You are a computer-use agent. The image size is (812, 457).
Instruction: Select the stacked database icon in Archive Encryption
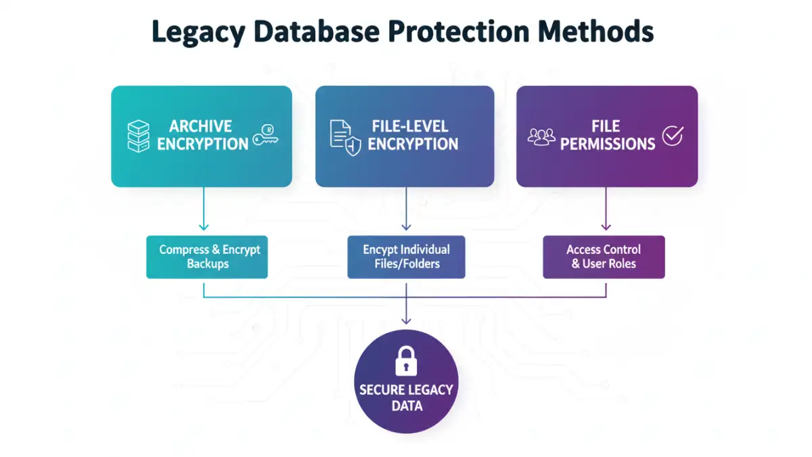tap(137, 135)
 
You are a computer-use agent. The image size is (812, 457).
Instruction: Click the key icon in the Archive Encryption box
tap(266, 136)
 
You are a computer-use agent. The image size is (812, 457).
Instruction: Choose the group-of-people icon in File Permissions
tap(541, 136)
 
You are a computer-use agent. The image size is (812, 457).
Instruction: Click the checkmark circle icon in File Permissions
tap(673, 135)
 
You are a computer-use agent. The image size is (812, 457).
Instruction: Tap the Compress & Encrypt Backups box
tap(207, 257)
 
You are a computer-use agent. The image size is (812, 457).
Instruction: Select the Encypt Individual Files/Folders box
tap(406, 257)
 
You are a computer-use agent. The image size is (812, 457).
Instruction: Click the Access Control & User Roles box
tap(604, 257)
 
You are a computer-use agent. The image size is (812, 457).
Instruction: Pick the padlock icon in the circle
tap(406, 361)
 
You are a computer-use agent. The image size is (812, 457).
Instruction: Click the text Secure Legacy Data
tap(407, 398)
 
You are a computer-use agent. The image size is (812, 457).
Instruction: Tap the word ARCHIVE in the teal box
tap(200, 127)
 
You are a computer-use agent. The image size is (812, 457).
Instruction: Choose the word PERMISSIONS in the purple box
tap(608, 144)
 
